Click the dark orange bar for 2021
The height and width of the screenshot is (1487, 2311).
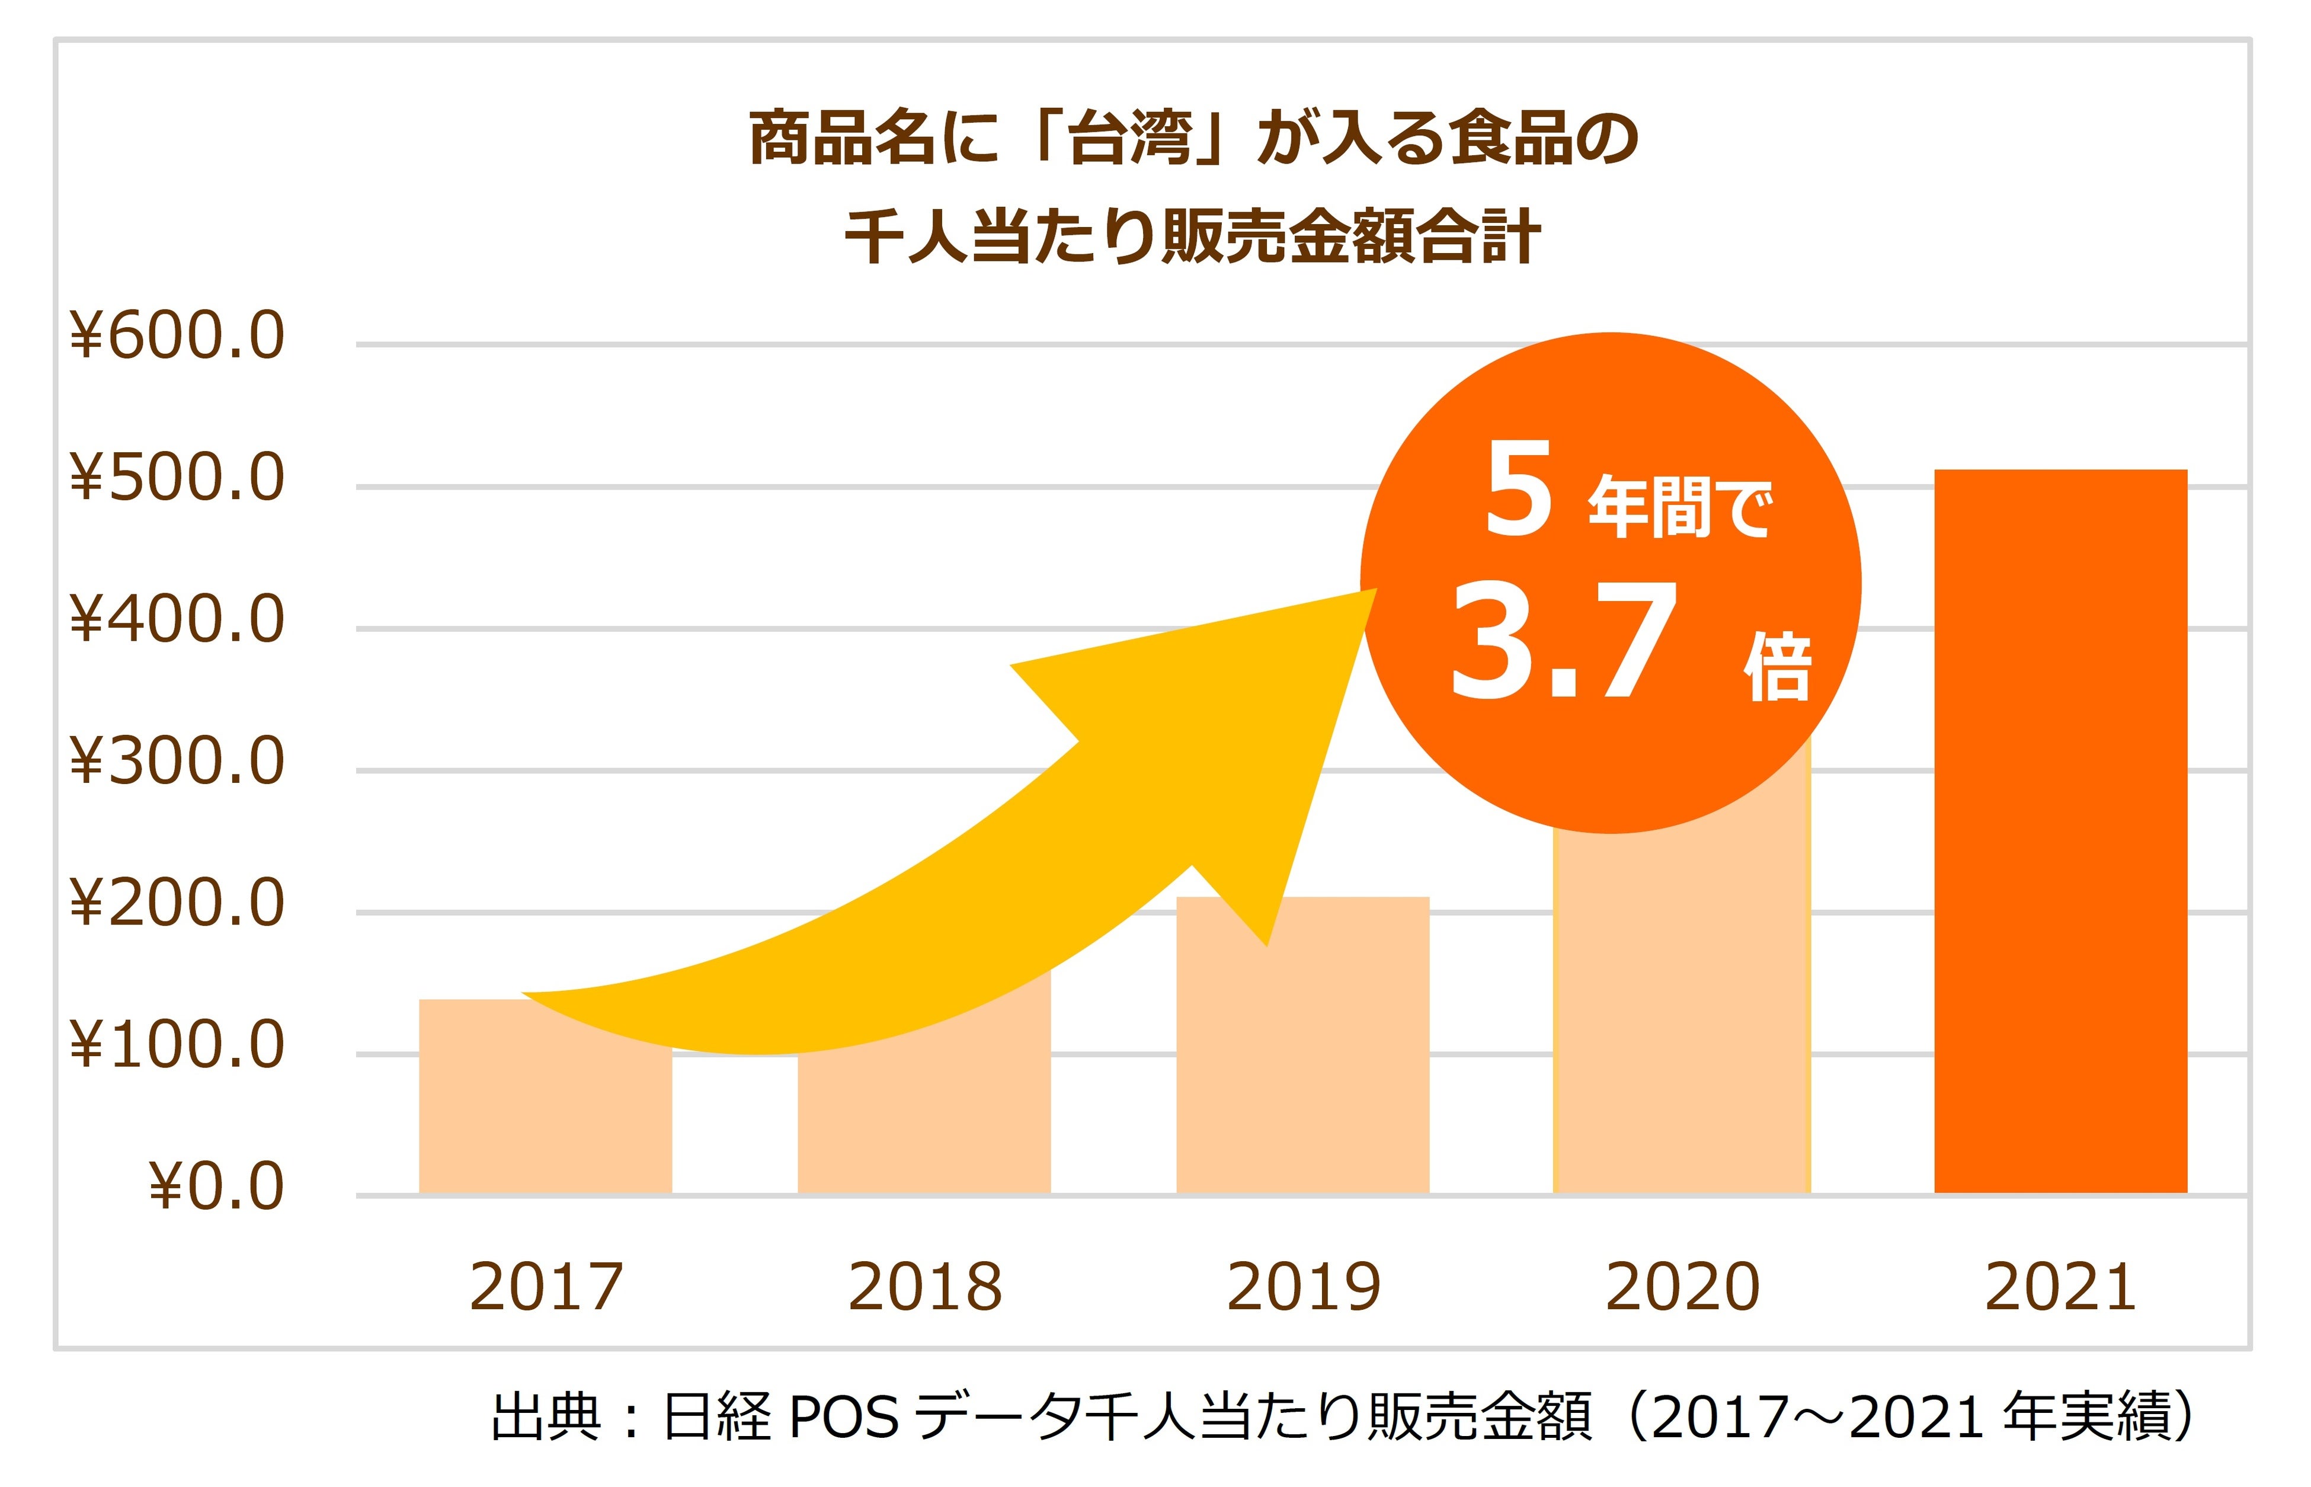pos(2060,830)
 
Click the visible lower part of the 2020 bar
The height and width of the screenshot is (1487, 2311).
pos(1682,1014)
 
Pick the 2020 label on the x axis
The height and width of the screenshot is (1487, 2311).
pos(1682,1287)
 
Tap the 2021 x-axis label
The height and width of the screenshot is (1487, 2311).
pos(2060,1287)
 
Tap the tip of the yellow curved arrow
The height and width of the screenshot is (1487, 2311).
pos(1373,591)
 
